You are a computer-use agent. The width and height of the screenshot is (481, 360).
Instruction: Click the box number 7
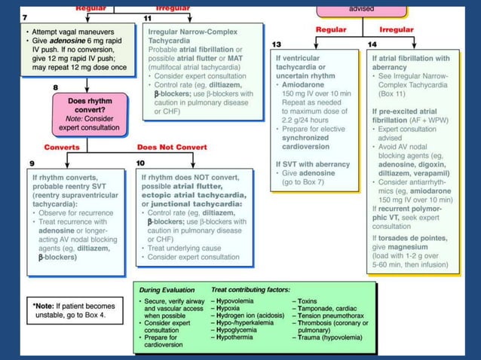[25, 17]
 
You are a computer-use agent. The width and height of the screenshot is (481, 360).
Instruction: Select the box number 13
[277, 44]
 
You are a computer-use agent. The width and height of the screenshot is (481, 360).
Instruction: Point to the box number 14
[372, 44]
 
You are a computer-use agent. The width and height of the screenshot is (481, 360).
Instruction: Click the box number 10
[140, 163]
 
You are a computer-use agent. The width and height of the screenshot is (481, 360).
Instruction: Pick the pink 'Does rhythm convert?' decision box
[87, 114]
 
